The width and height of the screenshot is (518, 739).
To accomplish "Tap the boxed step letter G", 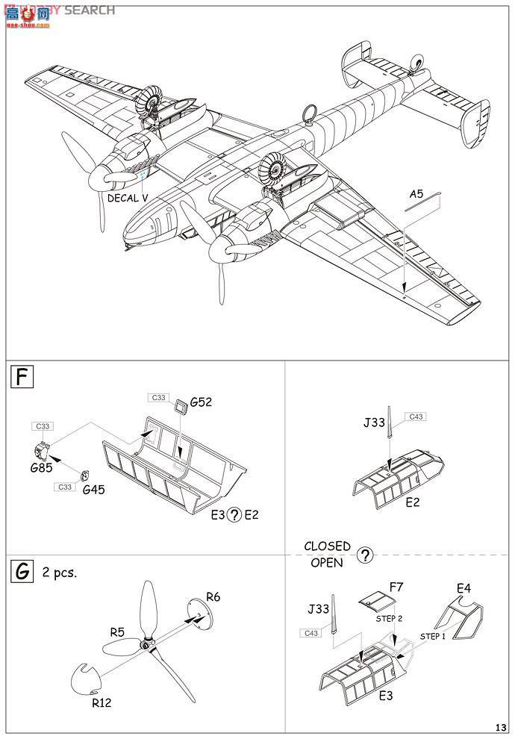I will tap(23, 573).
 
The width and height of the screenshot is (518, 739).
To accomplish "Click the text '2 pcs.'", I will tap(60, 573).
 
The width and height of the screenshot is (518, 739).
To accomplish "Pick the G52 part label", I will tap(202, 402).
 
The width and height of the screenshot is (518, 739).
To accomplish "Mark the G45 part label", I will tap(93, 490).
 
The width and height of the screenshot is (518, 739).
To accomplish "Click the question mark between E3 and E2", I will tap(234, 515).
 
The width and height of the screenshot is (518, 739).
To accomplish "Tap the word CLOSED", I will tap(327, 546).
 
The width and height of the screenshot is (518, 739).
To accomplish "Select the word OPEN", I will tap(326, 563).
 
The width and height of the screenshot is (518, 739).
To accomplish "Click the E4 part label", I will tap(464, 588).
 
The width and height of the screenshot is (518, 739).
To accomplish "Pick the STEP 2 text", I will tap(389, 618).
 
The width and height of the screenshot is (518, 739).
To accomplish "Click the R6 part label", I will tap(213, 596).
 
